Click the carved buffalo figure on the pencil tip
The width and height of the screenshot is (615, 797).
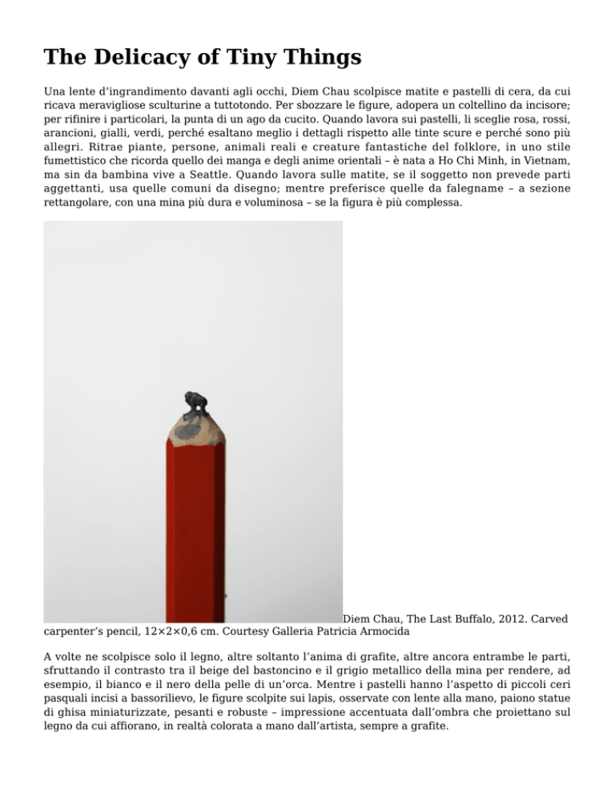point(195,405)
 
